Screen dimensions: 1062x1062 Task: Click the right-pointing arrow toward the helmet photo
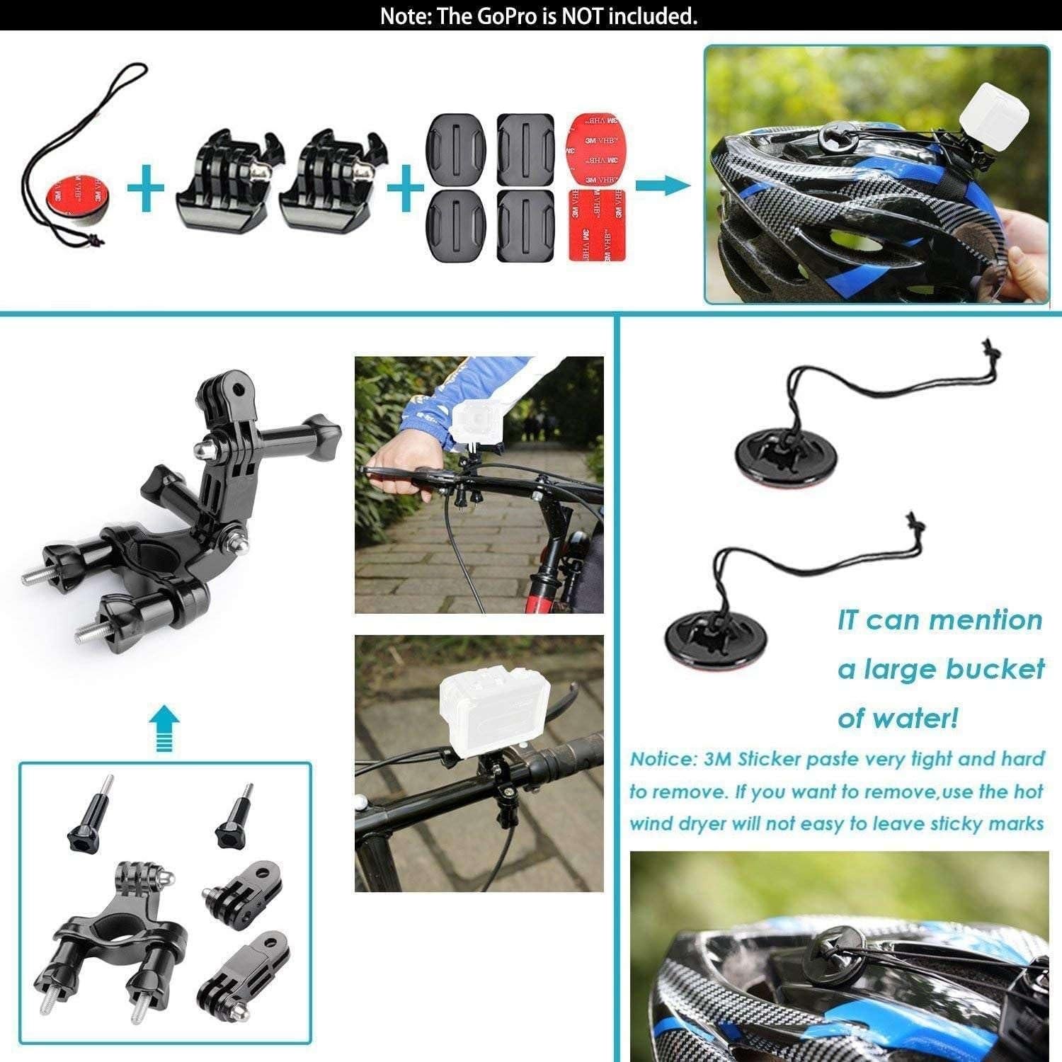pyautogui.click(x=662, y=186)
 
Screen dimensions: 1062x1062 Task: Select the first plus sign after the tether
pyautogui.click(x=147, y=188)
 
